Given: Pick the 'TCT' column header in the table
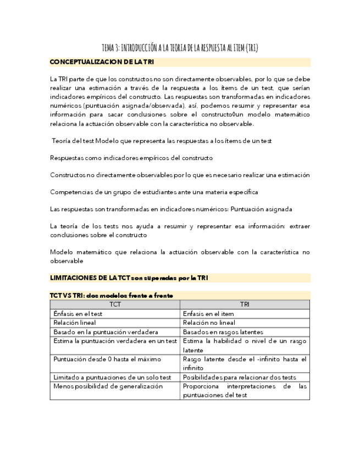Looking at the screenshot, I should tap(115, 304).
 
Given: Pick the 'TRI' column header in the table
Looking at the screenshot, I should tap(245, 304).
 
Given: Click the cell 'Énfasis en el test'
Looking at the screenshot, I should tap(78, 313).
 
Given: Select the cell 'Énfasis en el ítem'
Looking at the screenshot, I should tap(207, 313).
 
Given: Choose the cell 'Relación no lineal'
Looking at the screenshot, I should tap(209, 323).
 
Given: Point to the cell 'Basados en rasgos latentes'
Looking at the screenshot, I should tap(223, 332).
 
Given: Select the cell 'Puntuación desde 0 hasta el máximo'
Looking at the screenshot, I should tap(107, 359).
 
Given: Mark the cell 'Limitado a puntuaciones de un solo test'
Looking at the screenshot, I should tap(112, 378).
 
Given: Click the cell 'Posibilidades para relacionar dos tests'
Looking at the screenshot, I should tap(239, 378).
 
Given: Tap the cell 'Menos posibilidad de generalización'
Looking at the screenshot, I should tap(108, 386).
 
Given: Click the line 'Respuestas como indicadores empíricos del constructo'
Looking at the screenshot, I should tap(131, 158).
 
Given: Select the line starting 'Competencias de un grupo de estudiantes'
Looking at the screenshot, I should tap(153, 192).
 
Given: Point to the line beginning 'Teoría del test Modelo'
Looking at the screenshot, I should tap(162, 141).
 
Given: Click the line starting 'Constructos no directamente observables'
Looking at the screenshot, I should tap(179, 175).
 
